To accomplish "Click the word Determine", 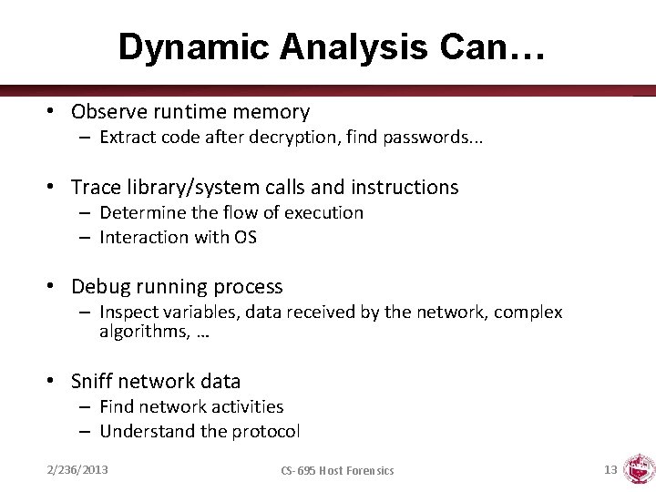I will pos(141,212).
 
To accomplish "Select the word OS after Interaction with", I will pos(245,237).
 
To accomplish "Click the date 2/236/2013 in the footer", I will pos(77,470).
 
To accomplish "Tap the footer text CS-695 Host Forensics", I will pos(337,471).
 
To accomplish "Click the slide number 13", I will pos(610,470).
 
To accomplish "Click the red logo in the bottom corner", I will pos(639,468).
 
